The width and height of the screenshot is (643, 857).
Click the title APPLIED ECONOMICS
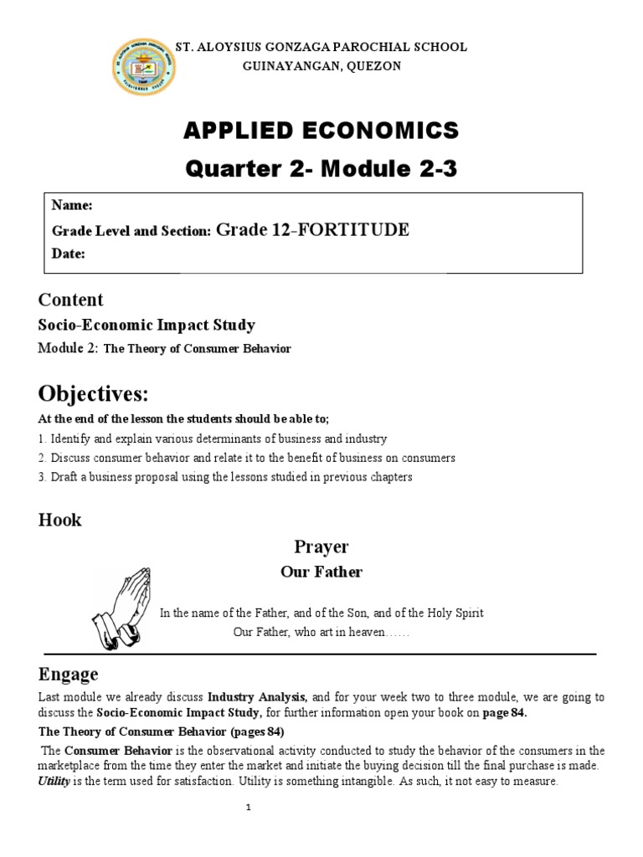321,131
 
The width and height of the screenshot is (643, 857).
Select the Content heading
71,300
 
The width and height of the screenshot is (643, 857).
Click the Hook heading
60,520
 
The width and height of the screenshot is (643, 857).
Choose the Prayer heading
321,547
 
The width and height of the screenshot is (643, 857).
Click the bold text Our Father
321,572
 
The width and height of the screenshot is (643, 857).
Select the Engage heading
68,674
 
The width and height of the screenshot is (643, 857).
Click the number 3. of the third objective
43,477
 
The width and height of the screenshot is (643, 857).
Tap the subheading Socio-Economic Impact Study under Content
147,325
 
